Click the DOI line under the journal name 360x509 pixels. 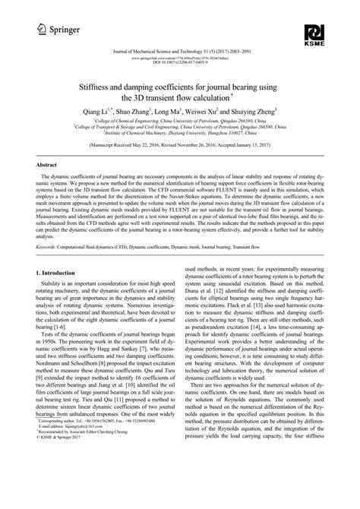tap(180, 60)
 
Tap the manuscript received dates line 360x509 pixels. tap(180, 143)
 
